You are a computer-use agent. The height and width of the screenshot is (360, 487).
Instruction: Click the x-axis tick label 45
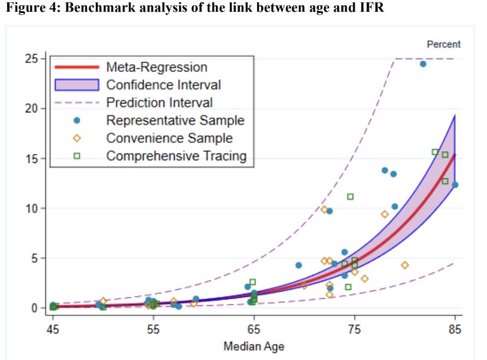(53, 329)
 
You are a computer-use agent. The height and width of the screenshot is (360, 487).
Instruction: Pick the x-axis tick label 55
(154, 329)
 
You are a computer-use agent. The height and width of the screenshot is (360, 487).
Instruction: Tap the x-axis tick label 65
(254, 329)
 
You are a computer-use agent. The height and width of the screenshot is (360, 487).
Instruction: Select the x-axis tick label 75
(355, 329)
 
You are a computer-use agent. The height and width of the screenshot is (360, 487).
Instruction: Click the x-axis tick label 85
(455, 329)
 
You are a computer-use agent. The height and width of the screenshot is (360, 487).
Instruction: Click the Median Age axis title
(253, 346)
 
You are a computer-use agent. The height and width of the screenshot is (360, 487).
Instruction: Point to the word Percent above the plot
(443, 44)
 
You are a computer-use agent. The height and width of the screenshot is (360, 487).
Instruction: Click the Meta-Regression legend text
(156, 67)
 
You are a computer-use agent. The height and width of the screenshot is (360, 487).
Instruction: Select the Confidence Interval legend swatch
(75, 85)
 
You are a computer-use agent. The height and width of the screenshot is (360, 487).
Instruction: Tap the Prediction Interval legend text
(159, 102)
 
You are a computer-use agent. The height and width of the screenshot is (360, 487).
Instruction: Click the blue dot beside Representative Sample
(75, 121)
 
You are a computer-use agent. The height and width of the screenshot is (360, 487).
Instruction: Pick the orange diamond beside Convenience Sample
(75, 138)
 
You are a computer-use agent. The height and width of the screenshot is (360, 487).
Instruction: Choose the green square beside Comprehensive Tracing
(75, 156)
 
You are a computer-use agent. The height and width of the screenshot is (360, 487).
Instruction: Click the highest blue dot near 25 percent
(423, 64)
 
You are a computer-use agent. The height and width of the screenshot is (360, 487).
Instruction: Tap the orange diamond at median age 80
(405, 265)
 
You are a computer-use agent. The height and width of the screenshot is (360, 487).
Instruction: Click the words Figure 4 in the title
(32, 11)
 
